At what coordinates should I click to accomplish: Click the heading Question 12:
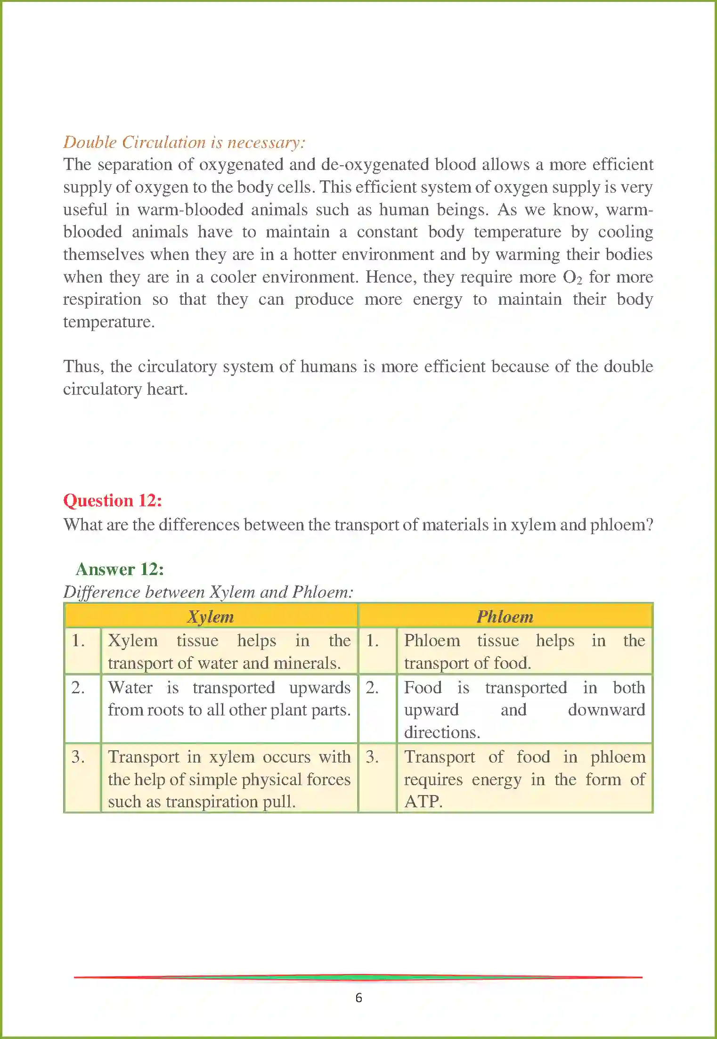click(x=113, y=500)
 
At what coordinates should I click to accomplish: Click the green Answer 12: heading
click(x=120, y=569)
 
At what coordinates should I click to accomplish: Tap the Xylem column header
click(x=211, y=616)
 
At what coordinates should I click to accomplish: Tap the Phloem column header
click(x=505, y=616)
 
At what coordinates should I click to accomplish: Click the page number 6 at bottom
click(x=358, y=998)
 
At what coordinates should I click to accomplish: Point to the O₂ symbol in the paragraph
click(x=572, y=277)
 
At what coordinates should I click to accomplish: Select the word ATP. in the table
click(x=423, y=801)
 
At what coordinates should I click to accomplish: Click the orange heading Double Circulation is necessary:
click(x=184, y=142)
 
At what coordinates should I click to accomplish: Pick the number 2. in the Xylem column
click(x=78, y=688)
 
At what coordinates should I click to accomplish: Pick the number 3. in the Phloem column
click(x=372, y=757)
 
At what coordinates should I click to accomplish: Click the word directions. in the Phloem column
click(x=442, y=732)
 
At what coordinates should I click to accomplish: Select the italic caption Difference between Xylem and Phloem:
click(x=208, y=592)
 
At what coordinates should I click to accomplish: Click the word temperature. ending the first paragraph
click(x=109, y=322)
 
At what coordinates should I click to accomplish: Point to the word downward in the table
click(x=606, y=710)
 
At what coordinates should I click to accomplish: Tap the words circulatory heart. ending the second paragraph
click(x=125, y=389)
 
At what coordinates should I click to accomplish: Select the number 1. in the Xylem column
click(x=78, y=641)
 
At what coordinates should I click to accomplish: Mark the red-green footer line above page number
click(x=358, y=977)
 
